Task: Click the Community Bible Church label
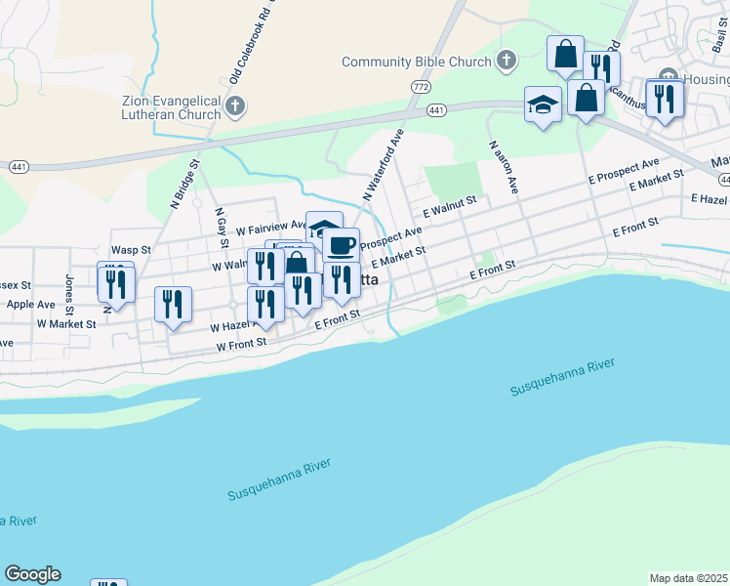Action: (417, 63)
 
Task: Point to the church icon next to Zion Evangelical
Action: (234, 105)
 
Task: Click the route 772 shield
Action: (421, 88)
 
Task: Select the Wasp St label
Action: (130, 250)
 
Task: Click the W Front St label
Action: (241, 345)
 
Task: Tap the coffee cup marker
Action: (342, 245)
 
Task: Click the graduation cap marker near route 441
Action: (543, 105)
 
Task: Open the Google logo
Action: (32, 574)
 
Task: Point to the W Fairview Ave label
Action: (271, 226)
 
